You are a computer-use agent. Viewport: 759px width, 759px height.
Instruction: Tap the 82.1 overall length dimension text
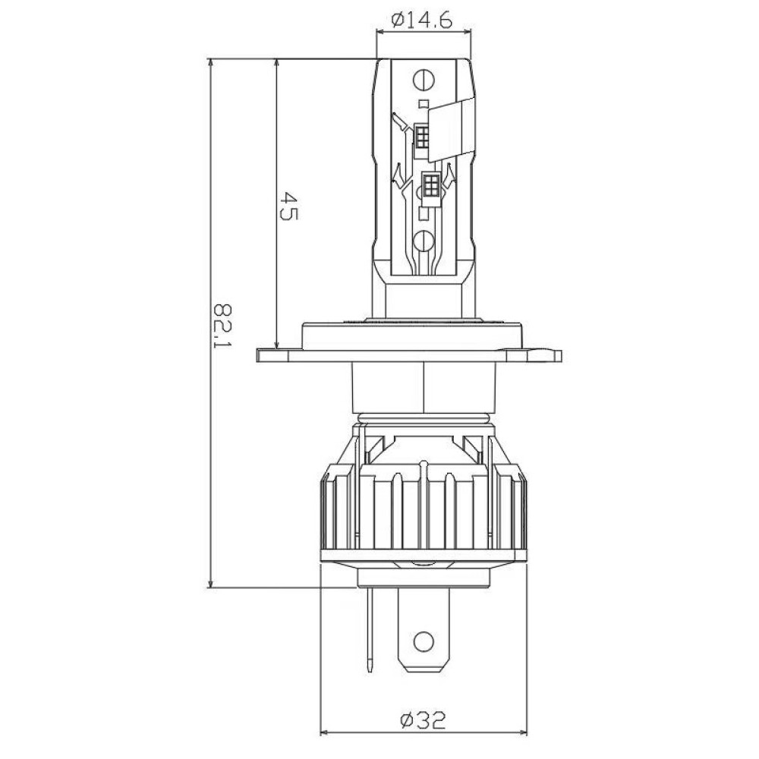point(224,326)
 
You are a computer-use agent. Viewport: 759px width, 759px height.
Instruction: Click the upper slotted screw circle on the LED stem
point(424,79)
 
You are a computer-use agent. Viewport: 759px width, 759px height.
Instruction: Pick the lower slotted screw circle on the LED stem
point(424,241)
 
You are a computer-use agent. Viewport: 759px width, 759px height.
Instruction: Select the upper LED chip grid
point(422,136)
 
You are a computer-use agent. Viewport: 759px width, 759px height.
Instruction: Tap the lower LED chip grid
point(430,184)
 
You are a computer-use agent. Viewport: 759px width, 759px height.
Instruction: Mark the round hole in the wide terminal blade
point(424,641)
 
